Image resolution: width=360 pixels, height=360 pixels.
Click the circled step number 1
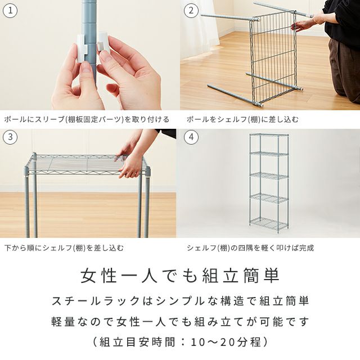click(x=10, y=11)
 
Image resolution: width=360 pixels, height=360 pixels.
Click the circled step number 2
click(x=191, y=11)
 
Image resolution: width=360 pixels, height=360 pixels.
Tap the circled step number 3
click(x=10, y=137)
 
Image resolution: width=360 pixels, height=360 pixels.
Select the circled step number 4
click(x=191, y=137)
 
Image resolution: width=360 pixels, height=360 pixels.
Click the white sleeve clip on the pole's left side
click(x=82, y=48)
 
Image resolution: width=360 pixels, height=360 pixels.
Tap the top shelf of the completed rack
click(x=269, y=135)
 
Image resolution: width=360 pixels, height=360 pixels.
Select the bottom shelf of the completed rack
click(x=269, y=223)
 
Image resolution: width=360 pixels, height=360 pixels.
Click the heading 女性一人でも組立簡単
click(x=180, y=275)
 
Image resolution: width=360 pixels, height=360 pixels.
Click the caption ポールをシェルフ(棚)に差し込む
click(x=242, y=119)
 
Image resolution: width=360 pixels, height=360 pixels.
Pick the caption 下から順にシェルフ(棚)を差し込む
click(x=64, y=248)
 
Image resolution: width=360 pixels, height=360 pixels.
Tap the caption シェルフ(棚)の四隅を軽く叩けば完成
click(x=250, y=248)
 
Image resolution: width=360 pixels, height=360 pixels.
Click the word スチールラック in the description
click(x=96, y=301)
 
